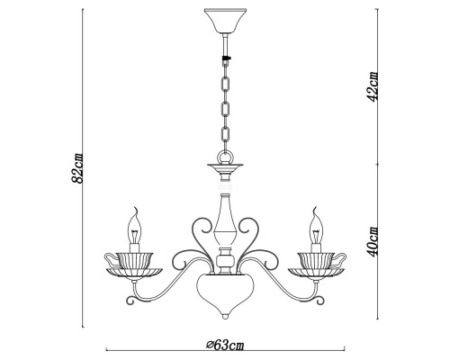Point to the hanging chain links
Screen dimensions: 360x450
point(224,108)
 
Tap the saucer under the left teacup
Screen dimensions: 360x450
point(137,272)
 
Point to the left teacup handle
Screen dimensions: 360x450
point(112,258)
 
